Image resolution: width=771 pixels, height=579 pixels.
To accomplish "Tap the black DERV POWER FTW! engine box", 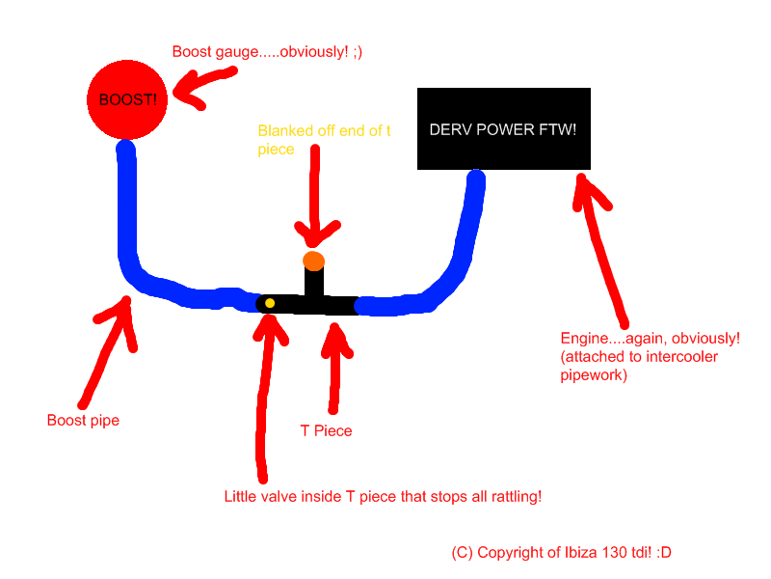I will click(503, 128).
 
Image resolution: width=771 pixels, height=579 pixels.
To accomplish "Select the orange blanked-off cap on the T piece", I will click(313, 261).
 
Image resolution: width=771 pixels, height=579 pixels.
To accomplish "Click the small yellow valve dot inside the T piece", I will click(270, 303).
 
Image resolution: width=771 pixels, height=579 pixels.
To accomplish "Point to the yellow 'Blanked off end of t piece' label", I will click(324, 140).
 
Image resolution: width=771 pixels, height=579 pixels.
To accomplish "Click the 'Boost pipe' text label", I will click(83, 421).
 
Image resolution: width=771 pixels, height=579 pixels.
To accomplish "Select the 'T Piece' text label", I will click(326, 430).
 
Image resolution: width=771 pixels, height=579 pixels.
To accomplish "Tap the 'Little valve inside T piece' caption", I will click(383, 497).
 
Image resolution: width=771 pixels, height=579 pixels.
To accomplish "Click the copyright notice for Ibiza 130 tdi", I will click(561, 553).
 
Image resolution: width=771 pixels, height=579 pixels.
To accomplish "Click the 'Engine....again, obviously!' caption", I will click(651, 339).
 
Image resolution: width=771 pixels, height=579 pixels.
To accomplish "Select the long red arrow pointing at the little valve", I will click(262, 396).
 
